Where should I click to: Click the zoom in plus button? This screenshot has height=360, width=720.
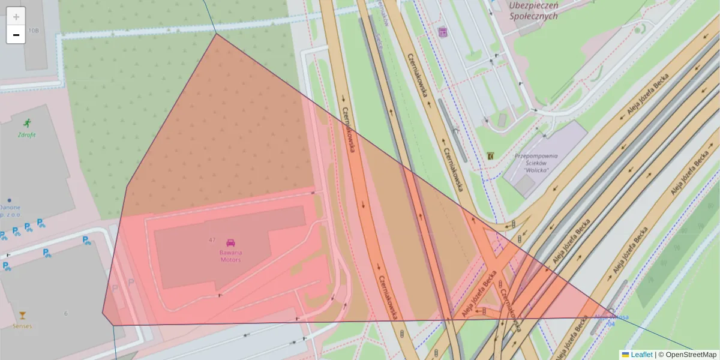click(x=16, y=17)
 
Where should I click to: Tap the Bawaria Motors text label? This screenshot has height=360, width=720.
click(x=230, y=256)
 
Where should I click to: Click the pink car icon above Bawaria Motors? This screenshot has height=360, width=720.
click(x=230, y=243)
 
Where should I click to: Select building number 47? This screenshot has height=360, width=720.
click(x=212, y=240)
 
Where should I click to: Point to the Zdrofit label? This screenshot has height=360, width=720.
click(x=26, y=135)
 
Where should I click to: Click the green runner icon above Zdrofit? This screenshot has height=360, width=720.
click(x=26, y=123)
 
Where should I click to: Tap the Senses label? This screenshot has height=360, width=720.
click(x=22, y=326)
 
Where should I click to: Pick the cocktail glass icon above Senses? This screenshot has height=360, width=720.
click(x=22, y=315)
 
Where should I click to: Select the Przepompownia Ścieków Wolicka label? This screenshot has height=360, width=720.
click(x=536, y=163)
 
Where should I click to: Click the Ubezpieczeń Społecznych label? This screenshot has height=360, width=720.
click(x=533, y=11)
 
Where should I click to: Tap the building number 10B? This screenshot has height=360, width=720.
click(x=33, y=30)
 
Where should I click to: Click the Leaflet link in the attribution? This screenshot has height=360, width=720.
click(x=641, y=355)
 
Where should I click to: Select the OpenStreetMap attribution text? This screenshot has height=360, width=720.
click(x=691, y=355)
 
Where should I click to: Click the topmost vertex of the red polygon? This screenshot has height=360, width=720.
click(x=216, y=34)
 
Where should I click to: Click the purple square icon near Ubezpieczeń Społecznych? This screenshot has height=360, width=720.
click(x=443, y=32)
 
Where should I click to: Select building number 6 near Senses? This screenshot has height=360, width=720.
click(x=66, y=313)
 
